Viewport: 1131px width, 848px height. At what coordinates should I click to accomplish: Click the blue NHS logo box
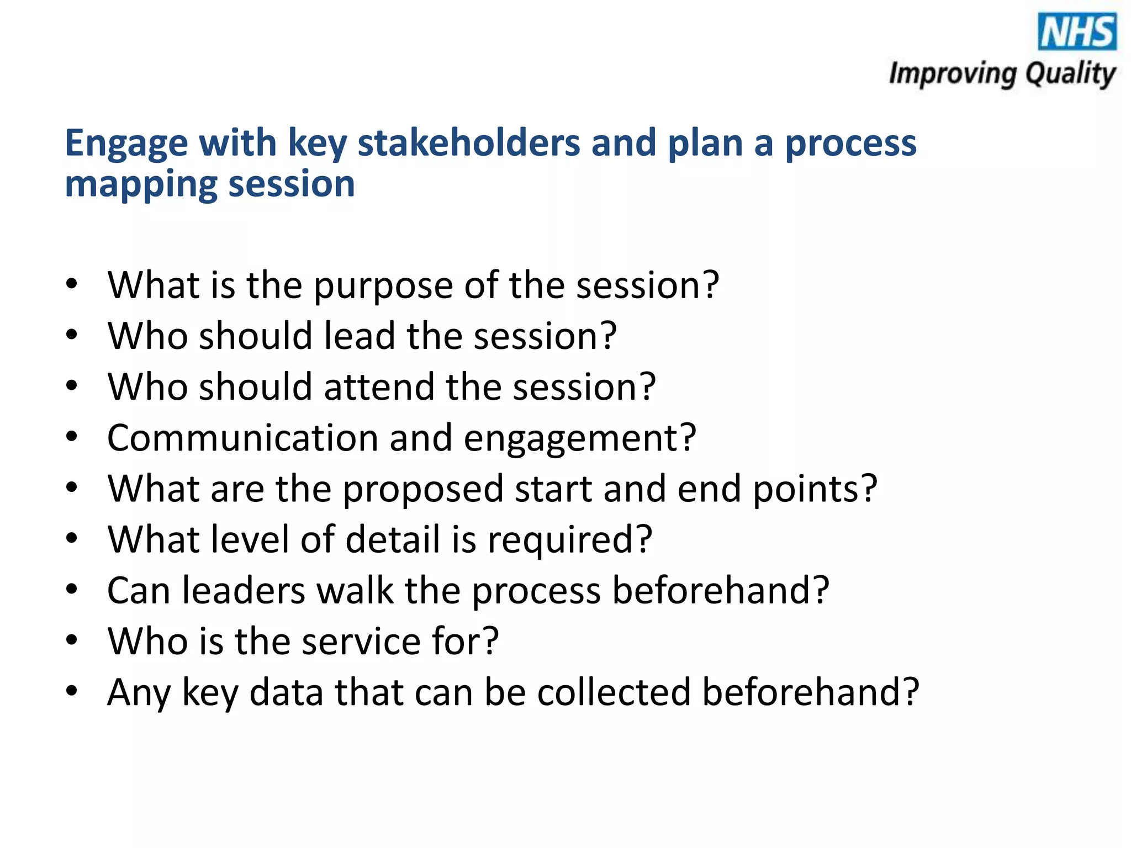1077,32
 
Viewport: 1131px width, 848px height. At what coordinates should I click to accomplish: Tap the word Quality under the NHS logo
1070,74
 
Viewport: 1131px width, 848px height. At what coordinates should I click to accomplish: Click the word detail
393,539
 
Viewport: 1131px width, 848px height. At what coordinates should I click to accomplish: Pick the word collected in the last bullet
614,692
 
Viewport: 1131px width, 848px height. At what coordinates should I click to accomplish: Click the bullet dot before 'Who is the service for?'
71,640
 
